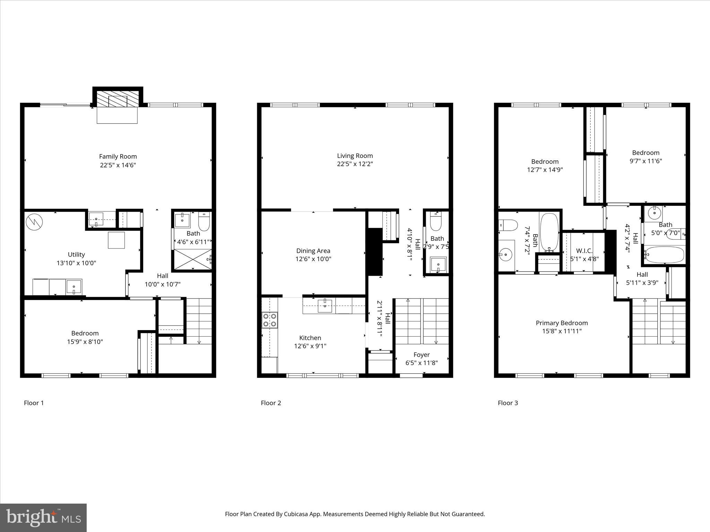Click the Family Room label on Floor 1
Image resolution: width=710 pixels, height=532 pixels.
(118, 157)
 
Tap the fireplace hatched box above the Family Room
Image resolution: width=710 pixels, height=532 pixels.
(118, 99)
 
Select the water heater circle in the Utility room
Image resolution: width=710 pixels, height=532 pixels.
(34, 220)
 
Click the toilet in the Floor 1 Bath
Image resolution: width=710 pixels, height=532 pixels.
(204, 222)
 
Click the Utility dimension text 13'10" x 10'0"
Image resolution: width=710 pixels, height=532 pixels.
(76, 263)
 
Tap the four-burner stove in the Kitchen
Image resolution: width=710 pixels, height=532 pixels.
(269, 320)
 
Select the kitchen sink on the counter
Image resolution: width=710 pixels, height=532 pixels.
(325, 306)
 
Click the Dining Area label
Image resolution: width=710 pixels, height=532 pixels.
(313, 251)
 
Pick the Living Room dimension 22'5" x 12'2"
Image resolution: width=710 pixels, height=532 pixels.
(355, 164)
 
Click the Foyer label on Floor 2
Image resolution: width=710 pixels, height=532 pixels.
(422, 355)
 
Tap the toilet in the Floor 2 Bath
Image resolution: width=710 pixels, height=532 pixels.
(435, 222)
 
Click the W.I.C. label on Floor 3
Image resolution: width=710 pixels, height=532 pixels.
(584, 250)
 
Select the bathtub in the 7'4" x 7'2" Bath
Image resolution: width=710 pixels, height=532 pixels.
(549, 232)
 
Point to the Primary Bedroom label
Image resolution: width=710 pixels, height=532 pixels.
(562, 323)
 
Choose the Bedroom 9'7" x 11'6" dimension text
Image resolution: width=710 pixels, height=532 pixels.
(646, 161)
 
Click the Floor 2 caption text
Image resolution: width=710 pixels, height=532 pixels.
(271, 403)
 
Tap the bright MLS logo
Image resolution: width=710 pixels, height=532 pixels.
(43, 517)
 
